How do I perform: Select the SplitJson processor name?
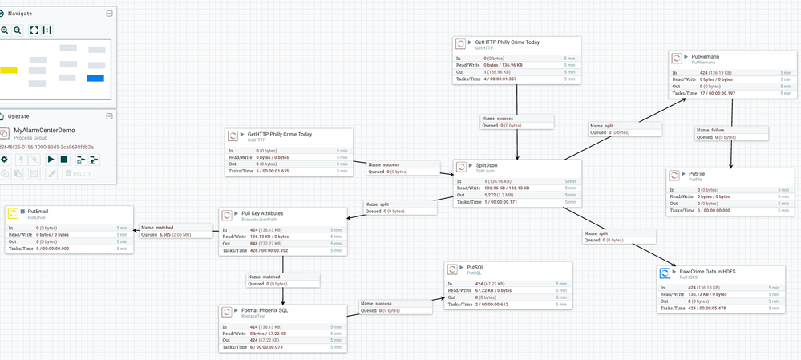(x=487, y=165)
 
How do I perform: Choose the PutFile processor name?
(x=696, y=173)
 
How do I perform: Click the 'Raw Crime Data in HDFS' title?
(x=707, y=272)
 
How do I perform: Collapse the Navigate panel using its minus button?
(x=110, y=14)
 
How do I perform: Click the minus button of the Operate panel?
(x=110, y=116)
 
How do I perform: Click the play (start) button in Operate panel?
(x=51, y=159)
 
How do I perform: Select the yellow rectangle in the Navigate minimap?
(x=9, y=71)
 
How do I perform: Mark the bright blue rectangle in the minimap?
(x=95, y=78)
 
